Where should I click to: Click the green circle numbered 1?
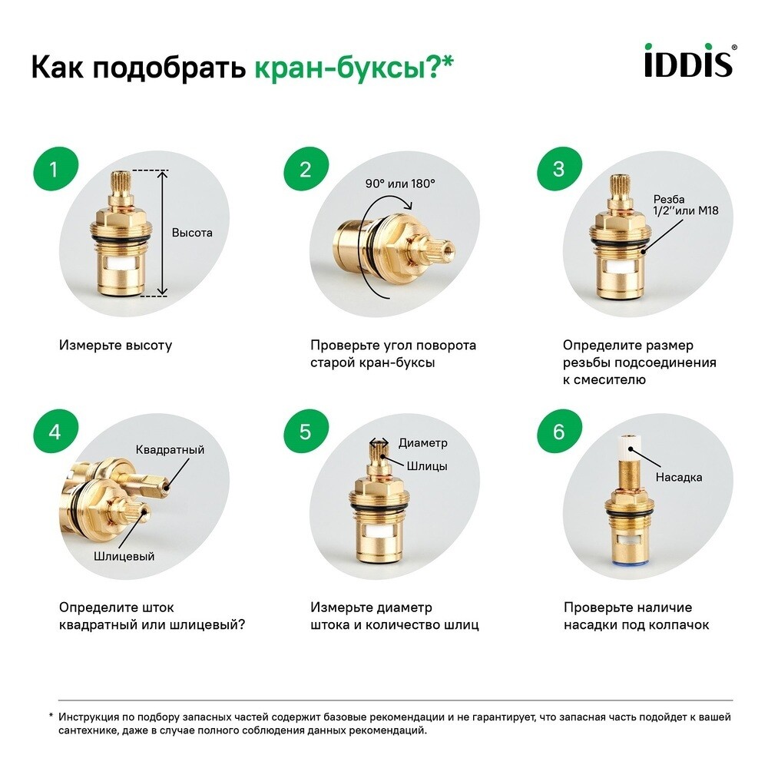click(x=54, y=170)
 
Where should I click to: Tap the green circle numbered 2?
click(x=306, y=170)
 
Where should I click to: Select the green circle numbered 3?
click(x=558, y=170)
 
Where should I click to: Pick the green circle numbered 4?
click(x=54, y=432)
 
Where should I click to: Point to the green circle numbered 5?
click(x=306, y=432)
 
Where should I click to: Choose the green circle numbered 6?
click(x=558, y=432)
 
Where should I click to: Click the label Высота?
click(x=192, y=233)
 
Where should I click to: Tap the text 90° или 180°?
click(x=400, y=184)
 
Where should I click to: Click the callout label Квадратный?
click(x=170, y=449)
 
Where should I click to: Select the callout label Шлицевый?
click(x=124, y=556)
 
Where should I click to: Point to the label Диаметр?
click(x=422, y=443)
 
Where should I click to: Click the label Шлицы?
click(x=427, y=466)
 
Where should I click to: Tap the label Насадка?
click(x=678, y=477)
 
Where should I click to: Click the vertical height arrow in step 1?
click(x=162, y=233)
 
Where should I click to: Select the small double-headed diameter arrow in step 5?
click(x=379, y=442)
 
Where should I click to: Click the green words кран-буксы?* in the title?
click(x=354, y=68)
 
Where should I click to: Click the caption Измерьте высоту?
click(x=115, y=346)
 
